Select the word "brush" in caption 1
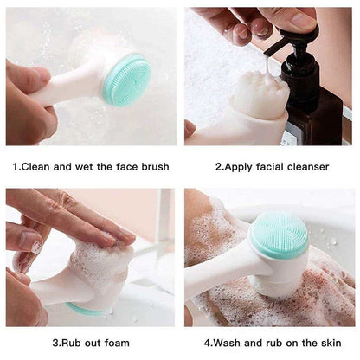point(153,166)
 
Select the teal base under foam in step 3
point(87,308)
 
